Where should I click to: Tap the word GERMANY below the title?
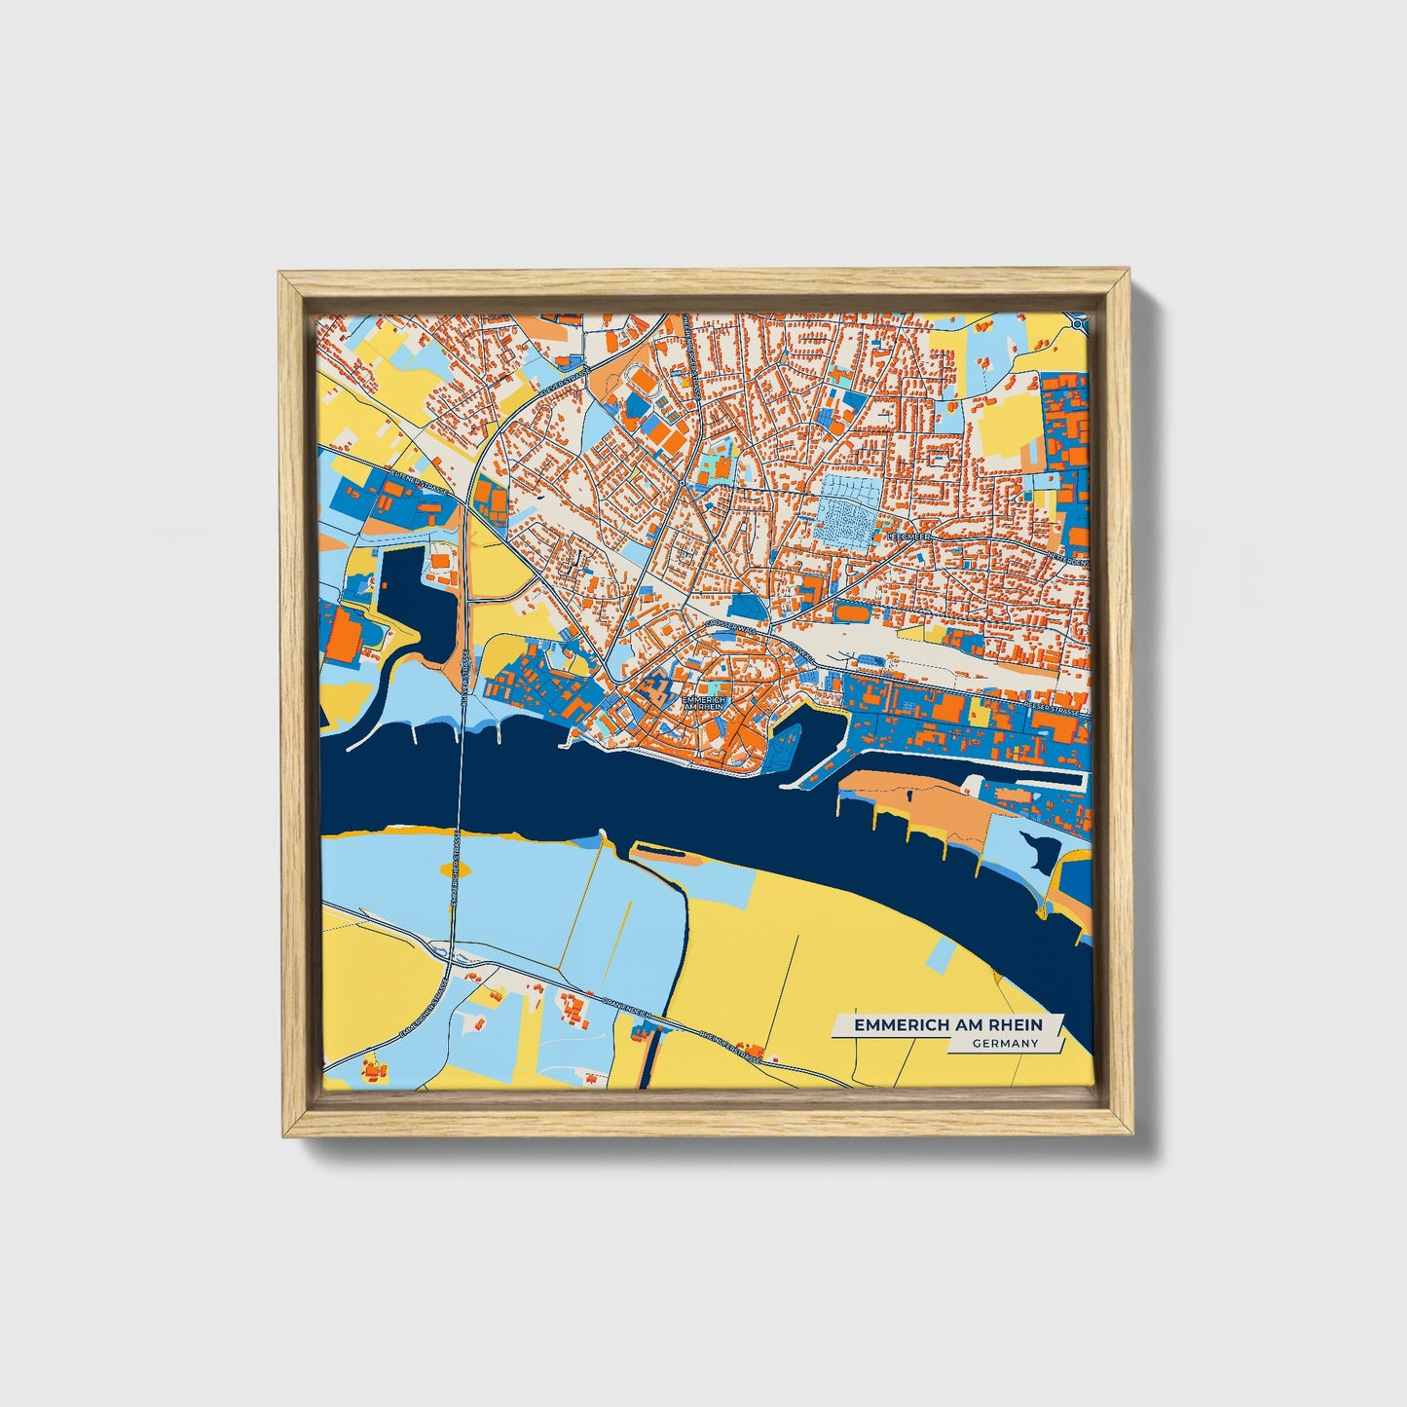tap(1005, 1044)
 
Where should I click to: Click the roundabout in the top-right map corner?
tap(1079, 322)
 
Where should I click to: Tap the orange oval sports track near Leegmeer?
tap(851, 613)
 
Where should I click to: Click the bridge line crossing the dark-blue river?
tap(459, 779)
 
